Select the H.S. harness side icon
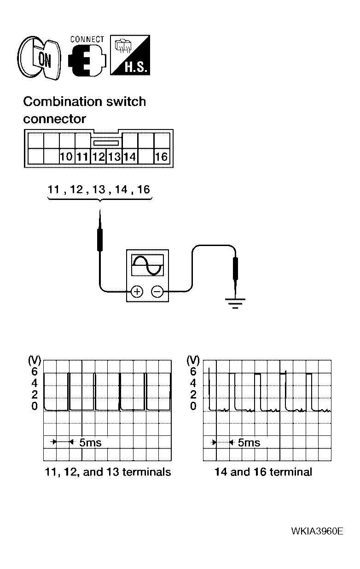tap(129, 55)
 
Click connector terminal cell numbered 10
tap(67, 157)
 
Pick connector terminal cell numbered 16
tap(161, 157)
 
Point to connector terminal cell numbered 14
tap(130, 157)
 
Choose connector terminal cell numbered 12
tap(99, 157)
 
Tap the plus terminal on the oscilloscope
tap(137, 291)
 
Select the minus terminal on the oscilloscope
tap(157, 291)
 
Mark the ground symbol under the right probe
tap(235, 302)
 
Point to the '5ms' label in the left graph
tap(90, 443)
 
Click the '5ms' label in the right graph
tap(249, 443)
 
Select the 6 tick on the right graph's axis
tap(193, 371)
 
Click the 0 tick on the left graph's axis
tap(35, 406)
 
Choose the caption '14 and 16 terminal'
tap(263, 472)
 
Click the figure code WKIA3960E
tap(317, 531)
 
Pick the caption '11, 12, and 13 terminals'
tap(108, 472)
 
